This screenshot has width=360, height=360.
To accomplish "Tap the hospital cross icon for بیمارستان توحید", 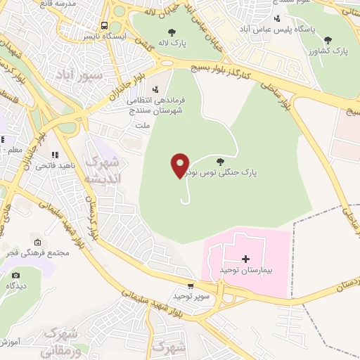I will (x=245, y=259).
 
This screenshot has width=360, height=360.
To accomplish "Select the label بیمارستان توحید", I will (x=246, y=269).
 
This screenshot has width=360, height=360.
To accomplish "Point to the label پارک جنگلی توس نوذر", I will (x=231, y=172).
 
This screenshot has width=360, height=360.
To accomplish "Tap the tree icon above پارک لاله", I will (x=172, y=32).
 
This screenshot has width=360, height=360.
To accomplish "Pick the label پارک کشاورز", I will (x=330, y=51).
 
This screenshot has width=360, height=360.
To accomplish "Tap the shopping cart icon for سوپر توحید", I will (x=191, y=286).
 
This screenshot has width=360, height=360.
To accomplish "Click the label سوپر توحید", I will (x=190, y=296).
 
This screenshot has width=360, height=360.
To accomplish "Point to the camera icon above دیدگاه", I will (x=15, y=276).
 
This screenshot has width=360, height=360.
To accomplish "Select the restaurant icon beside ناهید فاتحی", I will (x=53, y=155).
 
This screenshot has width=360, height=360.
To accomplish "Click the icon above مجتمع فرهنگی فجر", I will (x=37, y=243).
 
